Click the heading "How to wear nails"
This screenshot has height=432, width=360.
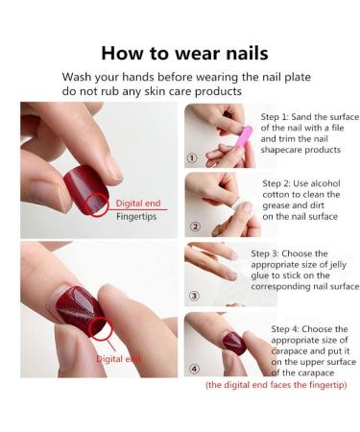184,53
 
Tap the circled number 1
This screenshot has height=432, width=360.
192,159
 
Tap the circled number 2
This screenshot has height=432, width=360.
195,228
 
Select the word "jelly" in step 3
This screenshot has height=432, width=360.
340,265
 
